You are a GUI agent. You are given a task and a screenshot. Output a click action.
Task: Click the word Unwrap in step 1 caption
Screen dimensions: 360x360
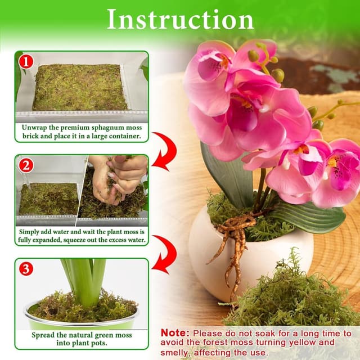pyautogui.click(x=34, y=127)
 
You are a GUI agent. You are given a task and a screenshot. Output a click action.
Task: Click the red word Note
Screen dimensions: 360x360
pyautogui.click(x=174, y=333)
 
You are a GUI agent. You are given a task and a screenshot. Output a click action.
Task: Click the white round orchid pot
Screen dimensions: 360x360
pyautogui.click(x=264, y=253)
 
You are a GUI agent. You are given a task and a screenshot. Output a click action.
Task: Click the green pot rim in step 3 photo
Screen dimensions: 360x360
pyautogui.click(x=82, y=323)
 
